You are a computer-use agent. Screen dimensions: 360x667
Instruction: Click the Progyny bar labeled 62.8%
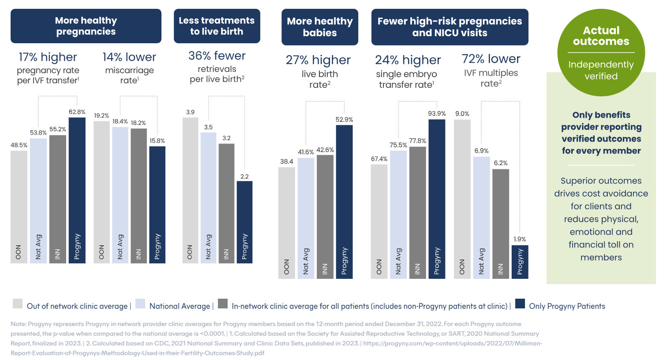tap(77, 190)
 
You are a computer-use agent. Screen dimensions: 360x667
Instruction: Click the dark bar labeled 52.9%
tap(344, 201)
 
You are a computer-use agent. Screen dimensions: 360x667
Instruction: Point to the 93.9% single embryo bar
tap(437, 199)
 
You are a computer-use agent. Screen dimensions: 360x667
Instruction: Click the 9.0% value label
tap(462, 114)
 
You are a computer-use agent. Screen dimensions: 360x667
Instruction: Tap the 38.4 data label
tap(287, 161)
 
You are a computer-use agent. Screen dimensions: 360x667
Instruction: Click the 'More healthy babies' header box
tap(320, 27)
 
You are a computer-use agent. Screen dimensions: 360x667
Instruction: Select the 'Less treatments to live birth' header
tap(217, 26)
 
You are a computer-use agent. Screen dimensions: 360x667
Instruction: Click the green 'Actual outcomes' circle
tap(601, 52)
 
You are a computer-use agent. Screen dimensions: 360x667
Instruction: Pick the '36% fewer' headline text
tap(217, 56)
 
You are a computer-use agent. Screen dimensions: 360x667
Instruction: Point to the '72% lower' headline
tap(491, 59)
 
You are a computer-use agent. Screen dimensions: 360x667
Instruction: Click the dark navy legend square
tap(520, 304)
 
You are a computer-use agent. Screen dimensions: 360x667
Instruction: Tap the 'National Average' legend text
tap(180, 306)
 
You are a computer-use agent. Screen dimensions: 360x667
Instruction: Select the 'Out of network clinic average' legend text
tap(77, 306)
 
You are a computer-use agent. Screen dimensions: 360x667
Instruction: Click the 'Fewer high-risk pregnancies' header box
tap(450, 27)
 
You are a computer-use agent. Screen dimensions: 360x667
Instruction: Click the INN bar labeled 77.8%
tap(417, 212)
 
